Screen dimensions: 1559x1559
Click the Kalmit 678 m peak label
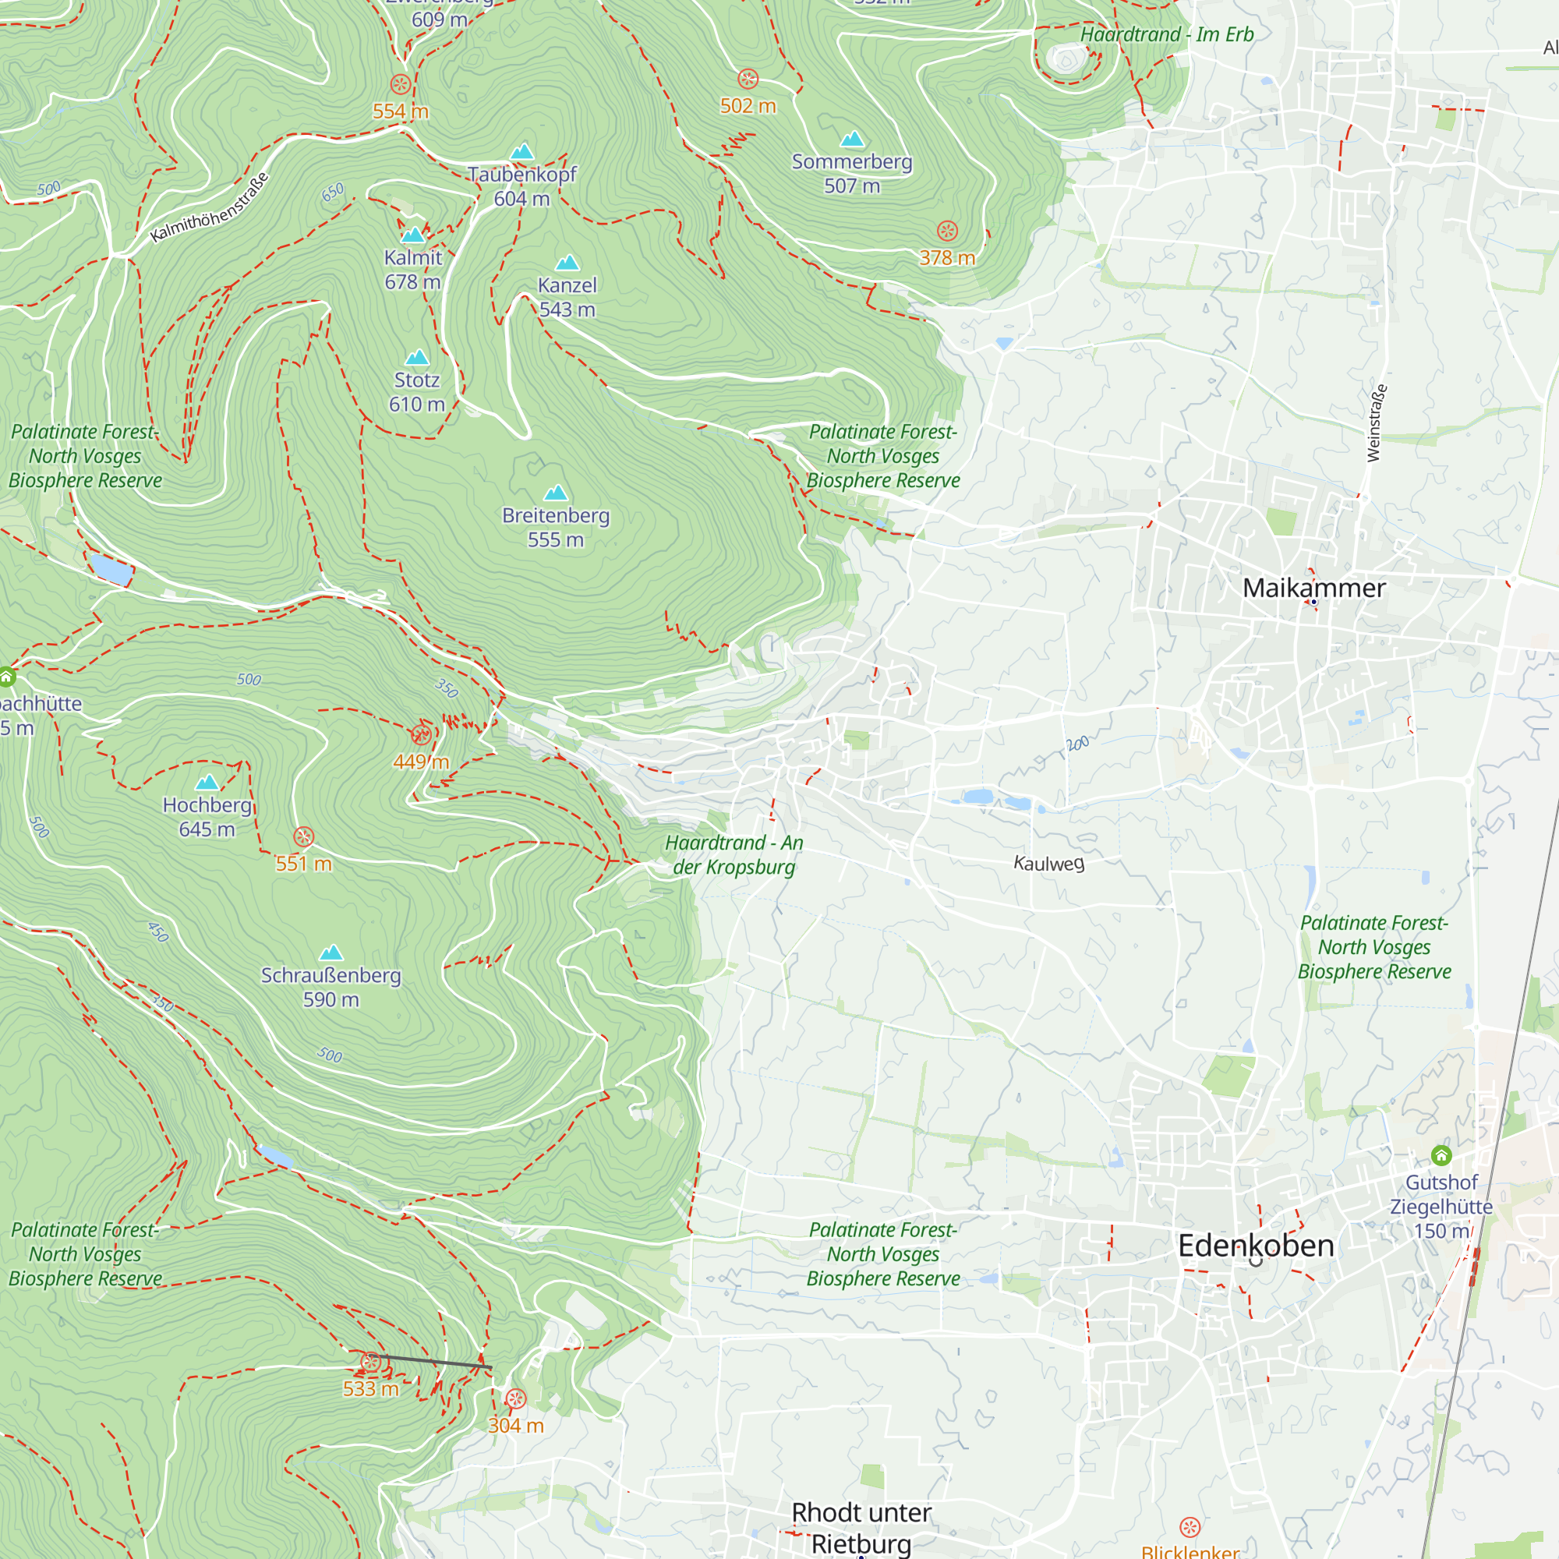pyautogui.click(x=412, y=270)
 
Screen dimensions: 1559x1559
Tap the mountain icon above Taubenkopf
pyautogui.click(x=522, y=151)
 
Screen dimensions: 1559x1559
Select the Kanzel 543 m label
pyautogui.click(x=567, y=297)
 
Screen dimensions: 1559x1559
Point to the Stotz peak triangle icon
pyautogui.click(x=416, y=357)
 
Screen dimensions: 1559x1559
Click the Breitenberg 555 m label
pyautogui.click(x=555, y=527)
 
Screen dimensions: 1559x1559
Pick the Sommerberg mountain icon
pyautogui.click(x=852, y=139)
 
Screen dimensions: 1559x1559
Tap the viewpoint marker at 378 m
pyautogui.click(x=947, y=231)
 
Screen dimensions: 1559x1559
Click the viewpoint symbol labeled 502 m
pyautogui.click(x=748, y=79)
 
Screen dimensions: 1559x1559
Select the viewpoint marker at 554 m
pyautogui.click(x=400, y=84)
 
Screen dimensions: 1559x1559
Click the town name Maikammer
pyautogui.click(x=1313, y=588)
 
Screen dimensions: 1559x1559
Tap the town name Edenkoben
pyautogui.click(x=1256, y=1245)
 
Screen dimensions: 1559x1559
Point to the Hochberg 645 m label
pyautogui.click(x=207, y=817)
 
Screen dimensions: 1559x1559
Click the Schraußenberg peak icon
pyautogui.click(x=331, y=953)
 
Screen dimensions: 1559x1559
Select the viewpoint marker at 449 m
pyautogui.click(x=420, y=734)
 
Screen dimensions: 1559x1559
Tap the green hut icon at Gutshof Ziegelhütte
pyautogui.click(x=1441, y=1154)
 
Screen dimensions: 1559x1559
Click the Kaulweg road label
pyautogui.click(x=1048, y=864)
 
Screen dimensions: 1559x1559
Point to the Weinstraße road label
pyautogui.click(x=1377, y=422)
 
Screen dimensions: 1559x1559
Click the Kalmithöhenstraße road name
pyautogui.click(x=209, y=207)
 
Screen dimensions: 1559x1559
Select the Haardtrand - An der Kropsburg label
pyautogui.click(x=734, y=854)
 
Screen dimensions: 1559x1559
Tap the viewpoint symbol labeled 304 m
pyautogui.click(x=514, y=1398)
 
